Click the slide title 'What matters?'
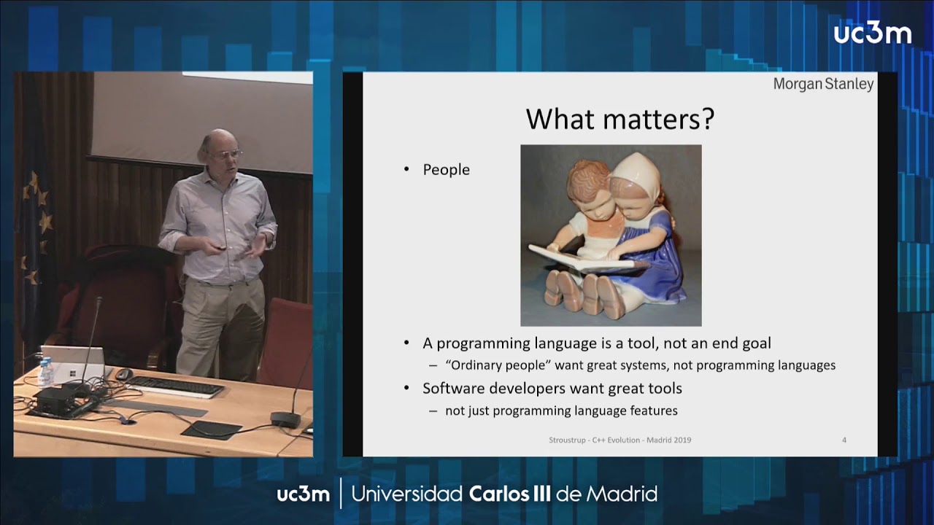(620, 119)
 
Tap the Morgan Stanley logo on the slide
(823, 84)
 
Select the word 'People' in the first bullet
(446, 170)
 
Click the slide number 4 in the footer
(844, 440)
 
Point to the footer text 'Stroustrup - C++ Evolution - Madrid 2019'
(620, 440)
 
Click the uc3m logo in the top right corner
(872, 33)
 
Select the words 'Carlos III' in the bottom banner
(510, 494)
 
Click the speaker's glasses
(228, 154)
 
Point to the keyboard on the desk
(175, 386)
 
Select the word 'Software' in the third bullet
(453, 388)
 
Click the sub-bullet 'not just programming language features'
(561, 411)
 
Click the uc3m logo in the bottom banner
(303, 494)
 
